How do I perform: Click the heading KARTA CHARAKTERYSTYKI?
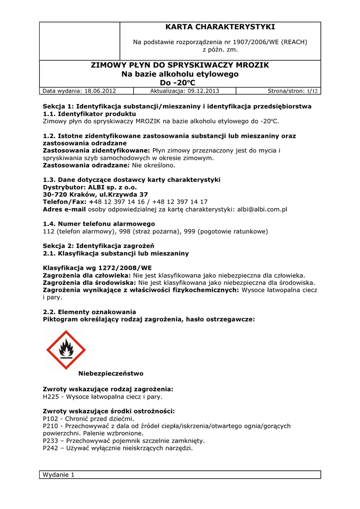pos(220,27)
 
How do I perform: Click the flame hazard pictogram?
pos(66,350)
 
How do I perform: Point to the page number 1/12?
pos(312,91)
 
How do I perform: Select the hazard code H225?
pos(52,397)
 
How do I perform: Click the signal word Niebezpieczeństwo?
pos(111,373)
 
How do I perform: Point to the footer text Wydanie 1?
pos(59,475)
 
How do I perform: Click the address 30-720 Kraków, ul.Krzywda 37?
pos(95,194)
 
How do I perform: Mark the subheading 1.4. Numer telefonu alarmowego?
pos(99,224)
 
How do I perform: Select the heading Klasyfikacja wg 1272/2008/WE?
pos(97,268)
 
